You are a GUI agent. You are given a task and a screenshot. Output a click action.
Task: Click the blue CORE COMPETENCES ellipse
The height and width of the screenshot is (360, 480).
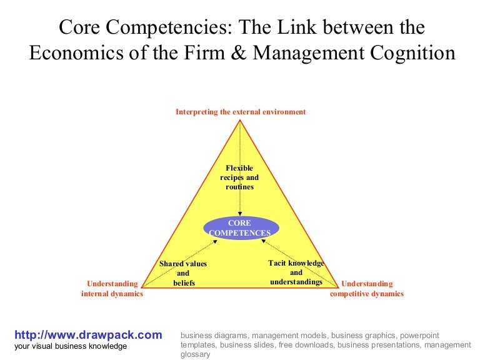tap(240, 228)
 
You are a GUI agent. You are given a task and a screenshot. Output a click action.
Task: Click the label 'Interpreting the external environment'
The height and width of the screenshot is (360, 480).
tap(241, 112)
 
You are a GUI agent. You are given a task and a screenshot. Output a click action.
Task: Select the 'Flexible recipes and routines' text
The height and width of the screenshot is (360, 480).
tap(239, 177)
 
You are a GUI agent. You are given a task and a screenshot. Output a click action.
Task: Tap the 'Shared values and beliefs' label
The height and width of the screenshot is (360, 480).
tap(183, 273)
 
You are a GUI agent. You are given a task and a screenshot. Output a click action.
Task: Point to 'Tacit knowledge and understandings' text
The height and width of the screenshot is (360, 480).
tap(296, 272)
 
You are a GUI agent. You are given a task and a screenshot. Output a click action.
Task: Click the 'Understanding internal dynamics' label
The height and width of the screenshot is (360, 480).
tap(112, 289)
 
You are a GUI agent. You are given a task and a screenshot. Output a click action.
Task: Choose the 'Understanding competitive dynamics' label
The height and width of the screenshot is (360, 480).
tap(367, 289)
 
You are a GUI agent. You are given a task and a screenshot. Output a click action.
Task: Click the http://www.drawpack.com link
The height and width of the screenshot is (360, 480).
tap(87, 335)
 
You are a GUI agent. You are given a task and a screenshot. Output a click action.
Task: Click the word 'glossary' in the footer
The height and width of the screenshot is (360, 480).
tap(196, 354)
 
